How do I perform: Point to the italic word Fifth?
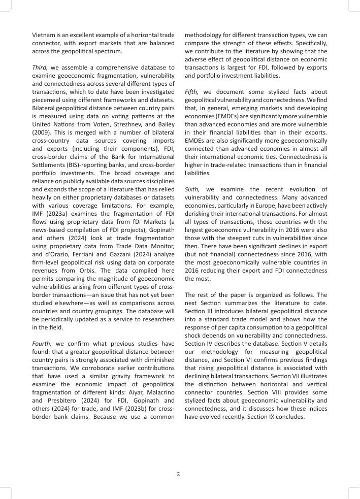coord(193,91)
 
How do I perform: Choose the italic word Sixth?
coord(193,189)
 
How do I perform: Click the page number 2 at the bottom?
coord(178,474)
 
